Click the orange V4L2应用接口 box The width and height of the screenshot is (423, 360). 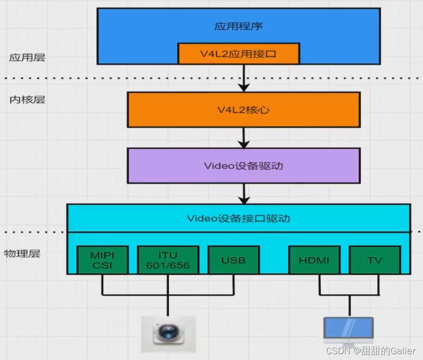pos(238,54)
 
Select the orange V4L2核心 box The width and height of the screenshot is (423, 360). pos(243,110)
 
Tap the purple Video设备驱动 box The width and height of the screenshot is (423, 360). pos(243,165)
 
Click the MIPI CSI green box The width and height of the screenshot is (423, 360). pos(102,260)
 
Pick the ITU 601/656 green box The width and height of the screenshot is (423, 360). pos(168,260)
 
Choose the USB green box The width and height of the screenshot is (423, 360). pos(233,260)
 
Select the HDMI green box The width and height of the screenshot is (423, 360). pos(314,260)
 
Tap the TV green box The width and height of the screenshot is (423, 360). pos(374,260)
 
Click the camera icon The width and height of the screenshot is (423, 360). pos(168,334)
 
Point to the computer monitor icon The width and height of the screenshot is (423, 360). pos(348,331)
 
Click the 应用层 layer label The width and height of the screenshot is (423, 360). pos(27,58)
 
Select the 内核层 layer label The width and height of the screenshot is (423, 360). pos(27,100)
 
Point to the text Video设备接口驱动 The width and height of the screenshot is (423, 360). pos(238,218)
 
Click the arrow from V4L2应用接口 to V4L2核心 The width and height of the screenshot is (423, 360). pos(244,78)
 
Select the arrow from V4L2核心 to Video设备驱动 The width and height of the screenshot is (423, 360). pos(244,138)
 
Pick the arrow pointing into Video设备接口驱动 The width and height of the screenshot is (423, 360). pos(244,194)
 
